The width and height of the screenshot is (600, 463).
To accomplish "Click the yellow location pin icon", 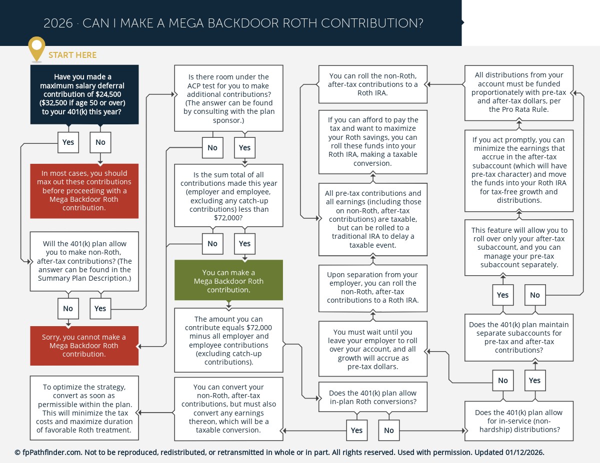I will pyautogui.click(x=36, y=48).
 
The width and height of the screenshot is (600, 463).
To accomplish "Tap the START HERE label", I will pyautogui.click(x=72, y=55).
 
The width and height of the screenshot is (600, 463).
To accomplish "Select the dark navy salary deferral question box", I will pyautogui.click(x=84, y=94).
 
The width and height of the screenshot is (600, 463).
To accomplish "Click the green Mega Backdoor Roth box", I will pyautogui.click(x=228, y=281).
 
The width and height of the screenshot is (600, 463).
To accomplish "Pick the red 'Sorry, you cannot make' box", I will pyautogui.click(x=84, y=346).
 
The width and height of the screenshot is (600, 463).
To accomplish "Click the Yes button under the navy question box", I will pyautogui.click(x=68, y=142).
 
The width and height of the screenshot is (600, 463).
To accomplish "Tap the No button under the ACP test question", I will pyautogui.click(x=212, y=148).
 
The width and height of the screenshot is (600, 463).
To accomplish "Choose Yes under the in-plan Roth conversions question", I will pyautogui.click(x=356, y=431).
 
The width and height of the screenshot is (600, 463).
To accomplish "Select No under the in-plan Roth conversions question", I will pyautogui.click(x=389, y=431).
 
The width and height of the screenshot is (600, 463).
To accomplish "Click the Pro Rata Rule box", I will pyautogui.click(x=518, y=92).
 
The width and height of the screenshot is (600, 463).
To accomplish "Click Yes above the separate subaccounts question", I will pyautogui.click(x=502, y=295).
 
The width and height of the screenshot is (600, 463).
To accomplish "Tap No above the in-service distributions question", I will pyautogui.click(x=502, y=381).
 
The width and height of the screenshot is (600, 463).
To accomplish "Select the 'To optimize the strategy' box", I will pyautogui.click(x=84, y=409).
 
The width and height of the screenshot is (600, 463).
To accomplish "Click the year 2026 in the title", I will pyautogui.click(x=58, y=23).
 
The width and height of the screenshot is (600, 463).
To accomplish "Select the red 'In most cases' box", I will pyautogui.click(x=84, y=191).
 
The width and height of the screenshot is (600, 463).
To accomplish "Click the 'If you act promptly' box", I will pyautogui.click(x=518, y=170).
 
